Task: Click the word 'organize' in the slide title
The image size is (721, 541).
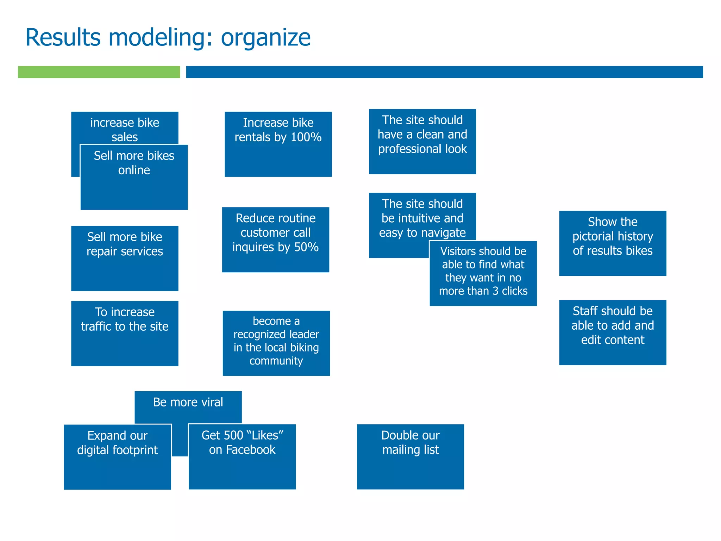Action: pyautogui.click(x=265, y=38)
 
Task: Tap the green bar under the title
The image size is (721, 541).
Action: pyautogui.click(x=99, y=72)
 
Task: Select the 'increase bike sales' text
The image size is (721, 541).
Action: pyautogui.click(x=125, y=129)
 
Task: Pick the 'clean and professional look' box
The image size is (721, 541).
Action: pyautogui.click(x=422, y=141)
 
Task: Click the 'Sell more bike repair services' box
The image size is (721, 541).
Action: pyautogui.click(x=125, y=258)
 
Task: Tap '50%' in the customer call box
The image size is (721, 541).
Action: pyautogui.click(x=306, y=247)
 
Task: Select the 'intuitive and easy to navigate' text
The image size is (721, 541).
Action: pyautogui.click(x=422, y=218)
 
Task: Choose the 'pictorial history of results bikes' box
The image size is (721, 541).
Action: pyautogui.click(x=612, y=243)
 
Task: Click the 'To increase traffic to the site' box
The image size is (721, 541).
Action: pyautogui.click(x=125, y=333)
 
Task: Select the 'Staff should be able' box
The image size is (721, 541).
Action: pyautogui.click(x=612, y=332)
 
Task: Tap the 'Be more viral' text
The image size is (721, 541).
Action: pyautogui.click(x=188, y=402)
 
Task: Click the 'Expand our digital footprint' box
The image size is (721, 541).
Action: pyautogui.click(x=117, y=456)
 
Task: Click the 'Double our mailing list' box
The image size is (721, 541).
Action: pyautogui.click(x=410, y=456)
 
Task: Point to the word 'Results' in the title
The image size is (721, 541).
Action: pyautogui.click(x=63, y=37)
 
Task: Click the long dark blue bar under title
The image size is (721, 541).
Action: pyautogui.click(x=444, y=72)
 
